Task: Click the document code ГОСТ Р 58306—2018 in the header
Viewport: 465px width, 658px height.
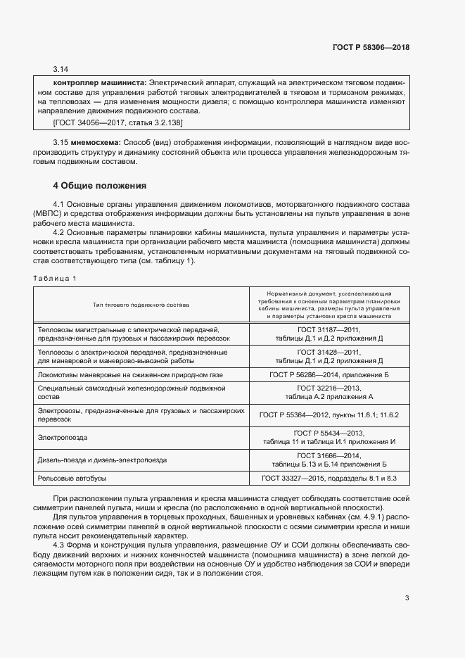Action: tap(371, 48)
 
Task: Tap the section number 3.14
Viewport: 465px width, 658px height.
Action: tap(60, 69)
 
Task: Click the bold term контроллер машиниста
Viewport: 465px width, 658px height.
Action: tap(100, 82)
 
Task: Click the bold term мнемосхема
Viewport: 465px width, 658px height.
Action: tap(95, 142)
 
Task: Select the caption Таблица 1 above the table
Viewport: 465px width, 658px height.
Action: tap(55, 278)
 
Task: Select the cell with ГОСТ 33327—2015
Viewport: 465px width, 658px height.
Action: tap(329, 479)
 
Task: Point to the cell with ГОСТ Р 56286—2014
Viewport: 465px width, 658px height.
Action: tap(329, 375)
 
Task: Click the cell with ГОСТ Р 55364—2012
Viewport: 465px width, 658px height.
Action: tap(329, 415)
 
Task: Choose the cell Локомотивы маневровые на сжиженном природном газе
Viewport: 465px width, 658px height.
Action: tap(130, 375)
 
